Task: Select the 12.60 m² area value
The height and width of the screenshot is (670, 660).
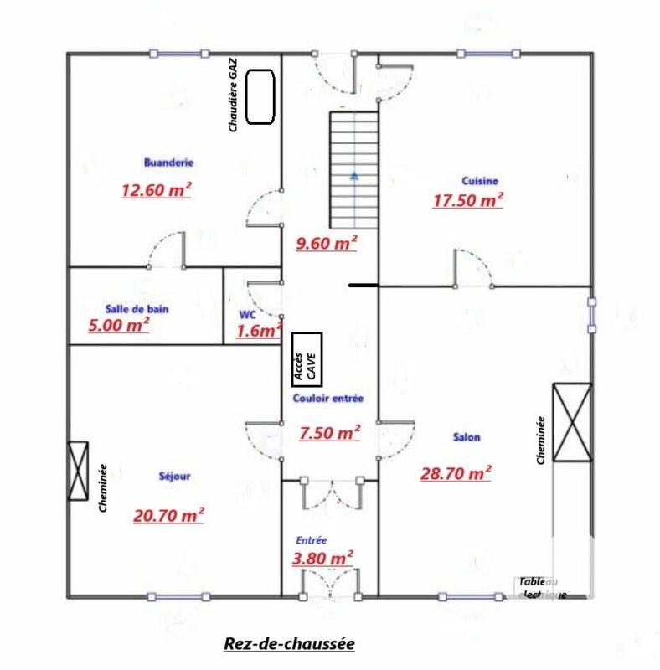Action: [156, 190]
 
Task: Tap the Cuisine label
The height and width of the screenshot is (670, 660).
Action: [480, 181]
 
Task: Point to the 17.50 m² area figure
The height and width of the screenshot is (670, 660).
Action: [467, 200]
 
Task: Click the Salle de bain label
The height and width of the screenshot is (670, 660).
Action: [137, 308]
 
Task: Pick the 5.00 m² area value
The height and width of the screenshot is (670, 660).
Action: [119, 324]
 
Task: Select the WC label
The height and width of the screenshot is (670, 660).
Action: [247, 314]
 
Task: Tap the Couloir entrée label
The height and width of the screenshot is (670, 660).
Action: [328, 399]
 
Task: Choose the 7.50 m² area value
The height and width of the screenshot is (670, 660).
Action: [329, 433]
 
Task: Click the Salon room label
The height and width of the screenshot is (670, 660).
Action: [467, 437]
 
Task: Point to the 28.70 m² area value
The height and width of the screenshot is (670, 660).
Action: [455, 473]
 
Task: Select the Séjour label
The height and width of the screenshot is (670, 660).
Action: [174, 477]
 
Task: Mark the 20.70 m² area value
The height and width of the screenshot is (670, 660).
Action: [168, 515]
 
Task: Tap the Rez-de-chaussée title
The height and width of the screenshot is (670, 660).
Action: [289, 644]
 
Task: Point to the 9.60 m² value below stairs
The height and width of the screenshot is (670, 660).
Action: [327, 244]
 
